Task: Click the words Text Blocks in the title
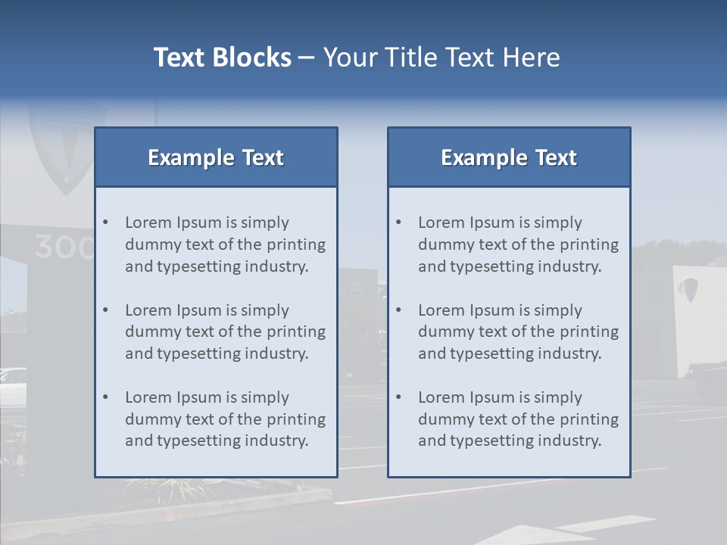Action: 222,58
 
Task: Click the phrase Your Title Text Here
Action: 442,58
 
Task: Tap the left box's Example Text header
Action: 216,157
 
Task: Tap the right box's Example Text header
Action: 509,157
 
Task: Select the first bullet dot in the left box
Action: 106,223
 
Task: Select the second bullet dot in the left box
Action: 106,310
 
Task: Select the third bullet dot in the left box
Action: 106,397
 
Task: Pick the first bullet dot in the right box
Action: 399,223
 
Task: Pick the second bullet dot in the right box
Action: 399,310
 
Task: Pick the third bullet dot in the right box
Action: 399,397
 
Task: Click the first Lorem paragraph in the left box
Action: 225,244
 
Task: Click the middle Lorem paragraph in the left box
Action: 225,332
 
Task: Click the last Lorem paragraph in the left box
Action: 225,419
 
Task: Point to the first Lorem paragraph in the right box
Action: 518,244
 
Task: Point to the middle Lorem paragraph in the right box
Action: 518,332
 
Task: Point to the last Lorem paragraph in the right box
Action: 518,419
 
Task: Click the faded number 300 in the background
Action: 64,248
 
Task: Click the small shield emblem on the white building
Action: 689,289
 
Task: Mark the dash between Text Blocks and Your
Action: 307,58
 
